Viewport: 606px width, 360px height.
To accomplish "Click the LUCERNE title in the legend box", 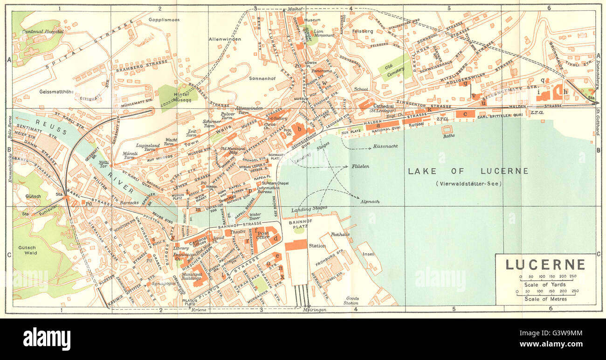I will pos(545,265).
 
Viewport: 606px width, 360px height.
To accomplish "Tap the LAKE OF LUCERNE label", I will pos(468,171).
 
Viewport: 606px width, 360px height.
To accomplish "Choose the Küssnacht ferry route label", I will pos(386,146).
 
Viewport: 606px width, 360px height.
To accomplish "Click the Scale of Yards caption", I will pos(544,284).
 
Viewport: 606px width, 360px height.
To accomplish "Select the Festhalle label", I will pos(340,234).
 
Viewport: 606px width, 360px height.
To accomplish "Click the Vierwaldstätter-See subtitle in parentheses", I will pos(468,183).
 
